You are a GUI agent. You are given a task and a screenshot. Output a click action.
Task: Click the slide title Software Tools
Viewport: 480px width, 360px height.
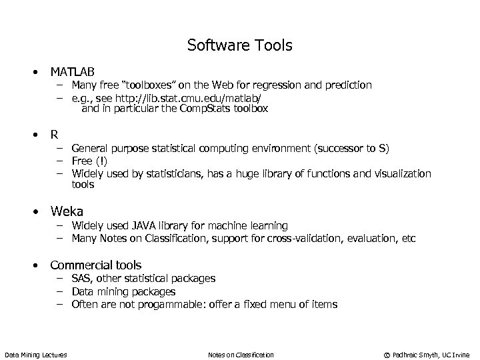tap(239, 45)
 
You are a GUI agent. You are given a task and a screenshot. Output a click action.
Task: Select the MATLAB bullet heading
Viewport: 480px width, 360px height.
tap(72, 71)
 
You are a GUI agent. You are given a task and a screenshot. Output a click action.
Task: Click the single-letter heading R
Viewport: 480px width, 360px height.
tap(54, 134)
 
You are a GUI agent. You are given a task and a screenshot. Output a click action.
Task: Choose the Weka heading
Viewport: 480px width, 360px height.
tap(67, 212)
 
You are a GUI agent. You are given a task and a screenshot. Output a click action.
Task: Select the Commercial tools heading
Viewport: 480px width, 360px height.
tap(95, 265)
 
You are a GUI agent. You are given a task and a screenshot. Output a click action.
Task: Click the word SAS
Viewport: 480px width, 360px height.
tap(83, 278)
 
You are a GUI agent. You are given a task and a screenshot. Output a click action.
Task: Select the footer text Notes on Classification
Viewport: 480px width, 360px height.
tap(241, 355)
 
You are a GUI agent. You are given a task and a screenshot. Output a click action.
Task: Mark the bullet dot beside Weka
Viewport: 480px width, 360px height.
tap(37, 213)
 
